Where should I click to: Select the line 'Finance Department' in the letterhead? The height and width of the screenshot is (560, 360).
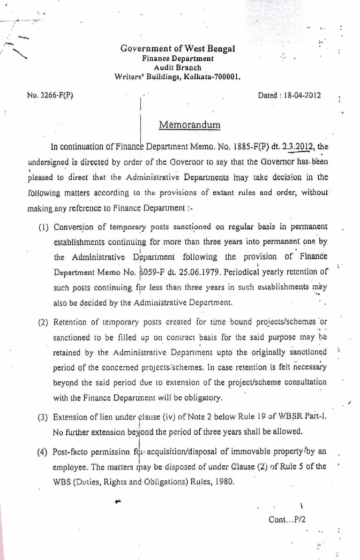(x=177, y=59)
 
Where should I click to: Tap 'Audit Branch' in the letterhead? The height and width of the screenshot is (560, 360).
(x=177, y=67)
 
